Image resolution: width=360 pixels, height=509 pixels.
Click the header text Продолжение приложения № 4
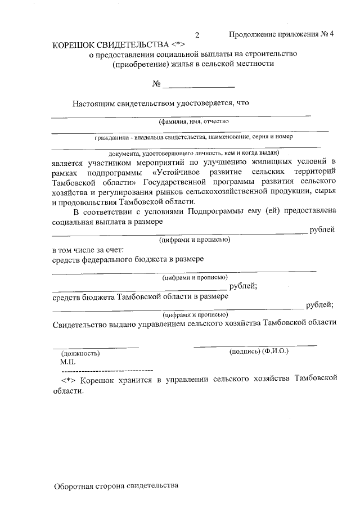(x=281, y=34)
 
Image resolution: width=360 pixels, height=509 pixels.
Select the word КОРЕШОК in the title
(x=77, y=44)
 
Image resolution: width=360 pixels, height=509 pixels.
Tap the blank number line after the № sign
(x=198, y=86)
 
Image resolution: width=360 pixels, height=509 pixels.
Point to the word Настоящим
(x=93, y=103)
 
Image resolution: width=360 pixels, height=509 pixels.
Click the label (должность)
(x=80, y=353)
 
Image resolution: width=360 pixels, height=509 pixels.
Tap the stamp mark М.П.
(x=67, y=362)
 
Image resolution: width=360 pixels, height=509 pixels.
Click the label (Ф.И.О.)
(x=276, y=351)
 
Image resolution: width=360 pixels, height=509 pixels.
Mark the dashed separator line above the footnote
(x=106, y=371)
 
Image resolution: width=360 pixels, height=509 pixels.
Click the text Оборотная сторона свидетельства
(x=116, y=485)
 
